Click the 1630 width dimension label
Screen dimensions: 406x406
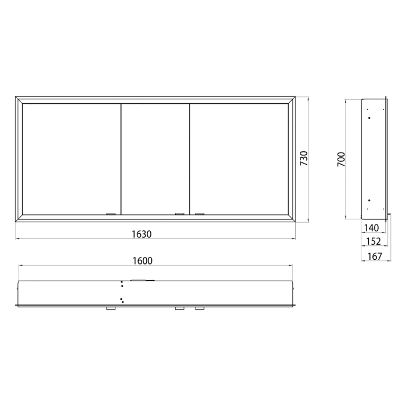click(142, 234)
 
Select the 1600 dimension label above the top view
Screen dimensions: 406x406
click(142, 260)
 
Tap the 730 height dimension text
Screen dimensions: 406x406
click(304, 159)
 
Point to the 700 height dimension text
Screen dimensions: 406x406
click(341, 159)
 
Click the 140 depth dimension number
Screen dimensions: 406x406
click(371, 228)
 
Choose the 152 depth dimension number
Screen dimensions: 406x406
click(371, 242)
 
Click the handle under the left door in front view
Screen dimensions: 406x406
click(110, 214)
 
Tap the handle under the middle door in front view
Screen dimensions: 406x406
click(180, 214)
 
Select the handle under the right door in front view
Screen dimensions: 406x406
click(200, 214)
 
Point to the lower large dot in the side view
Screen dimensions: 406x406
click(369, 201)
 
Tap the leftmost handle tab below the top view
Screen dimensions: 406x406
click(110, 309)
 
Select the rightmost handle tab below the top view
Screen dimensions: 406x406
click(200, 309)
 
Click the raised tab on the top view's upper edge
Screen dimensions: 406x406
click(141, 280)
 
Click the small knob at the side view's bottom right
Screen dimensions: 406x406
click(390, 215)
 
